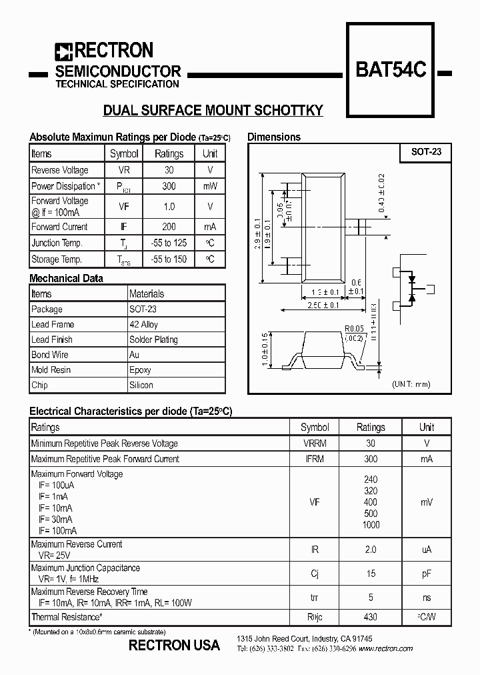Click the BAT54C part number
click(391, 70)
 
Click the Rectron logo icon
click(63, 51)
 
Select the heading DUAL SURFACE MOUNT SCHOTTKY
click(213, 111)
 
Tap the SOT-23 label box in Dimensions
click(426, 152)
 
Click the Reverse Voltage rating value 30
click(169, 170)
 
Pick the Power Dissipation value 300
click(169, 186)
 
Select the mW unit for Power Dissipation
click(210, 186)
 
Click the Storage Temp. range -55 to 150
click(169, 259)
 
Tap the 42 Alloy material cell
click(144, 324)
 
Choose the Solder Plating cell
click(153, 340)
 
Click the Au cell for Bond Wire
click(135, 355)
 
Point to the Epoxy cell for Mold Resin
click(140, 370)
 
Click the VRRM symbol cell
click(315, 443)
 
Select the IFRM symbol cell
click(315, 459)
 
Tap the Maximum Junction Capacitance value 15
click(371, 574)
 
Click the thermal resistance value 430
click(371, 618)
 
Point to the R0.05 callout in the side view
click(354, 328)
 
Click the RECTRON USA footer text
click(174, 645)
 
